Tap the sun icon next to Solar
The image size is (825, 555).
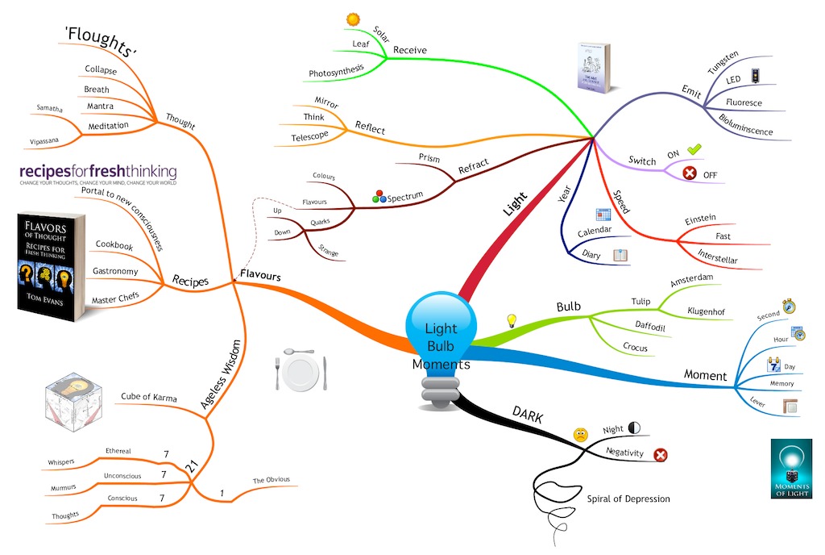[353, 18]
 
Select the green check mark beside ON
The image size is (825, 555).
[694, 148]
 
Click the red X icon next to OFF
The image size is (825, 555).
[690, 173]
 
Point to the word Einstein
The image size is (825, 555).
[700, 219]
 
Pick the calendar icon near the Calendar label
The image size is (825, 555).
[603, 215]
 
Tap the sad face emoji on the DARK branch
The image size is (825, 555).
[580, 435]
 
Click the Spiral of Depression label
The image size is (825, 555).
[628, 499]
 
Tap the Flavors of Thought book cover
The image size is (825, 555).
[50, 267]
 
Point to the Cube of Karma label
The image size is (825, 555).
[148, 397]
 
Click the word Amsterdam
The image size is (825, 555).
[694, 284]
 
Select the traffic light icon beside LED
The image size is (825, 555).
[754, 76]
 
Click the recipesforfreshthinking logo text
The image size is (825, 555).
[97, 172]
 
